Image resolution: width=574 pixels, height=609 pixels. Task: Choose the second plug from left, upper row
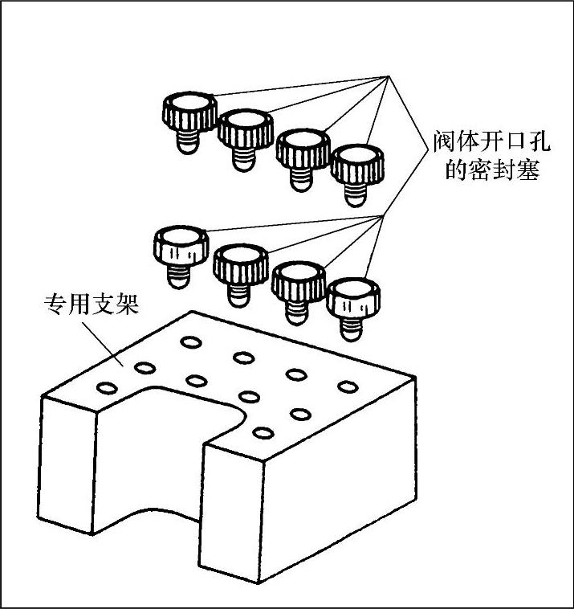[x=244, y=136]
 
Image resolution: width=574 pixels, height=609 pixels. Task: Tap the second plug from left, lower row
[x=239, y=270]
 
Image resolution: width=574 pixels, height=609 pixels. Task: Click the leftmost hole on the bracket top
[x=106, y=388]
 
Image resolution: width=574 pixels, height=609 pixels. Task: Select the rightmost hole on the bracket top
[x=348, y=387]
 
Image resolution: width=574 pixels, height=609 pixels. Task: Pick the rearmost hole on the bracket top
[x=191, y=343]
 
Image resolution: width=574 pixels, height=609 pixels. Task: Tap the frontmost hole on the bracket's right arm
[x=262, y=433]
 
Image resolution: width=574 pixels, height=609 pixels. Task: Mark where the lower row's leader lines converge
[x=385, y=215]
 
